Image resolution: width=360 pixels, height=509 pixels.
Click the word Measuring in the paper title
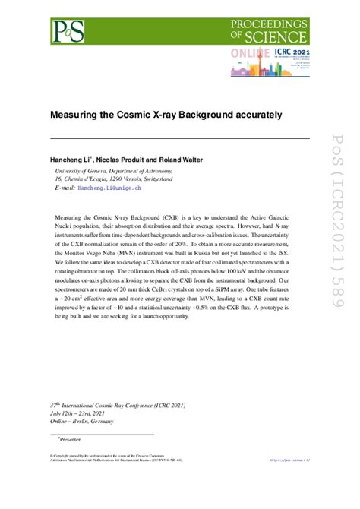[77, 115]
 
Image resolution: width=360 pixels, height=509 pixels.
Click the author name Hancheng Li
[76, 162]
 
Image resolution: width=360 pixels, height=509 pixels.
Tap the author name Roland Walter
[195, 162]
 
